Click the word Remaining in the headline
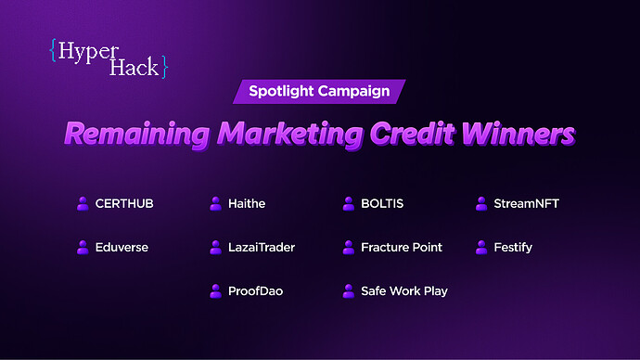pos(137,134)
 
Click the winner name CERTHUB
pos(124,203)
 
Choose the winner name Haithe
pos(247,203)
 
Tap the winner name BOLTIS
pos(382,203)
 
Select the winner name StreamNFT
pos(527,203)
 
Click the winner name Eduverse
pos(122,248)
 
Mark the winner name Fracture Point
pos(402,248)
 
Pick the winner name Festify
pos(513,248)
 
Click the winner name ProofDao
pos(255,291)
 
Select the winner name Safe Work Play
pos(404,291)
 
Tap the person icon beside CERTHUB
pos(83,203)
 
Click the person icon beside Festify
pos(482,248)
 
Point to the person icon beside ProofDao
pos(215,291)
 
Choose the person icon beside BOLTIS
pos(349,203)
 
